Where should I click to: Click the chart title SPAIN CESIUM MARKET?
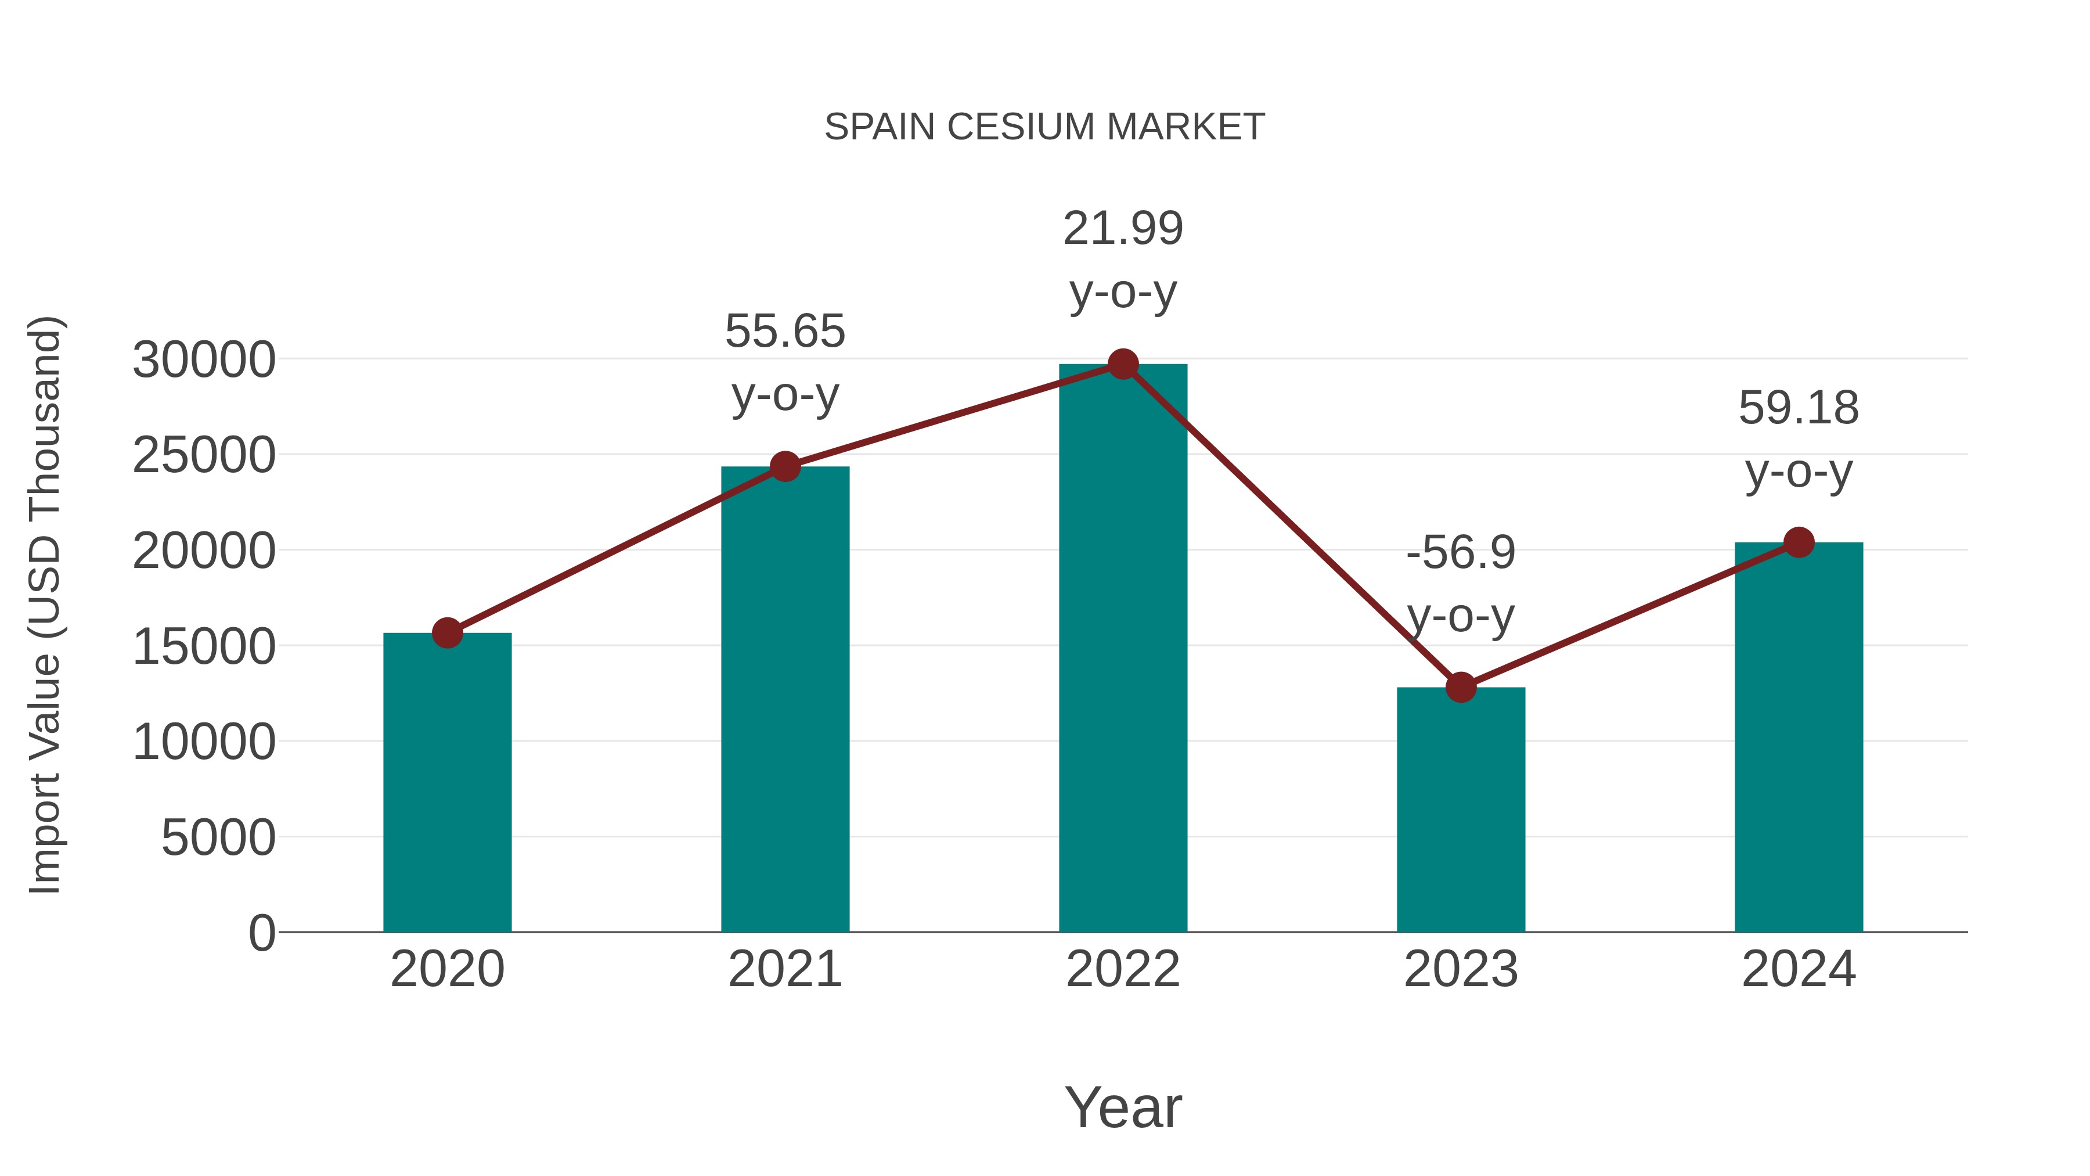pos(1044,127)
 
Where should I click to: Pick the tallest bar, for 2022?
pos(1123,649)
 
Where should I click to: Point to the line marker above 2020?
pos(447,633)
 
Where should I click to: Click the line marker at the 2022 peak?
pos(1123,364)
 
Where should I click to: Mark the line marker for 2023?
pos(1461,688)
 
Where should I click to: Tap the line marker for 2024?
pos(1799,542)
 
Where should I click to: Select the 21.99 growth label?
pos(1123,228)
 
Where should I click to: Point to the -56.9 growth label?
pos(1461,553)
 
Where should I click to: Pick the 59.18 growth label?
pos(1799,408)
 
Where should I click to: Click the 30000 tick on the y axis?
pos(204,359)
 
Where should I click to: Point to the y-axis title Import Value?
pos(45,605)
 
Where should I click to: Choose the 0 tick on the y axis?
pos(261,933)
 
